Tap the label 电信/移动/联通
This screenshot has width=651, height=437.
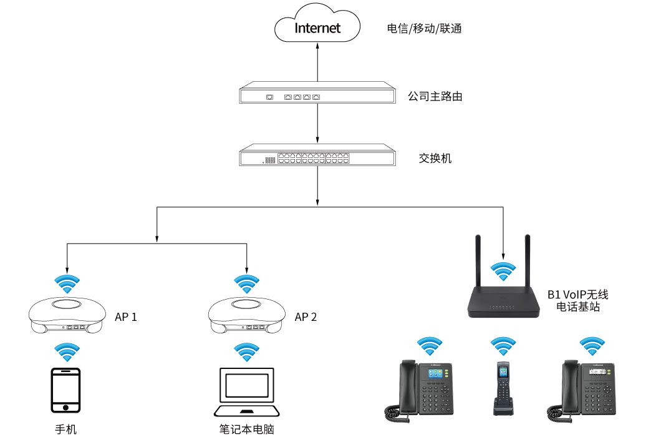424,29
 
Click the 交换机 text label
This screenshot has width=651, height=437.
435,159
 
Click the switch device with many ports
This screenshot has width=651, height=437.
318,157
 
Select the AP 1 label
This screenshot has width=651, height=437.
126,317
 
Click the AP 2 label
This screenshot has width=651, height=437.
306,317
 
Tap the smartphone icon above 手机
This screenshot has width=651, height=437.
65,390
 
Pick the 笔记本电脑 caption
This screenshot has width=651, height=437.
247,429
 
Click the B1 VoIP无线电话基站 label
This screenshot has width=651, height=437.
577,300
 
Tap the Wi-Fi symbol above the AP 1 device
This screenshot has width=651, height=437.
66,283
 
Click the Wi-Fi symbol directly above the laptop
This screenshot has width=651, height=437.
247,352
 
